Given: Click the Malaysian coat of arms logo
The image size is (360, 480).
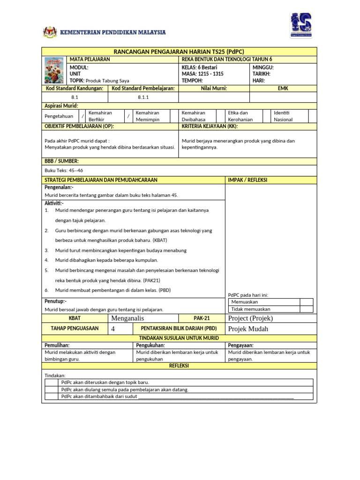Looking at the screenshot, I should coord(49,32).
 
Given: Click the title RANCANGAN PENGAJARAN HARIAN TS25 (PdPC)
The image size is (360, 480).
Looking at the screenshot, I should coord(179,51).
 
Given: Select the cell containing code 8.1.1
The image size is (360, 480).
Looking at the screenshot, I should coord(143,97).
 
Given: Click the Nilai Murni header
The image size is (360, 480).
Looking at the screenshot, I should coord(214,88).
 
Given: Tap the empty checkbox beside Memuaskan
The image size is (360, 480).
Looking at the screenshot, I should coord(306,302).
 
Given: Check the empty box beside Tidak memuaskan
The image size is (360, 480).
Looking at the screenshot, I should coord(306,309).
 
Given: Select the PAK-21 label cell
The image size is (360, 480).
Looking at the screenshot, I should coord(202,318).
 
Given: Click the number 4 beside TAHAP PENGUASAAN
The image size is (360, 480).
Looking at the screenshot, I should coord(113,329).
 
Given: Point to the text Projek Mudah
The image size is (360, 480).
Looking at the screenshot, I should coord(248,329).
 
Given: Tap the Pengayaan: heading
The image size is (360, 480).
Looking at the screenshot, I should coord(240,345).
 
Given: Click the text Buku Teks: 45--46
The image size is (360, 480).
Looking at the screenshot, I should coord(64,171).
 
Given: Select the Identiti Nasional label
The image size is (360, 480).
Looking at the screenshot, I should coord(284,116).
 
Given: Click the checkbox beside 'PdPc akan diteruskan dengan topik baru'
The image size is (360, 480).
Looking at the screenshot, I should coord(52,382).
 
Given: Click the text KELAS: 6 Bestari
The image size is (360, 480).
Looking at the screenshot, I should coord(199,67).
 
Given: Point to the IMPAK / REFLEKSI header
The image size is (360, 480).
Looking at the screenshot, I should coord(248,180).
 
